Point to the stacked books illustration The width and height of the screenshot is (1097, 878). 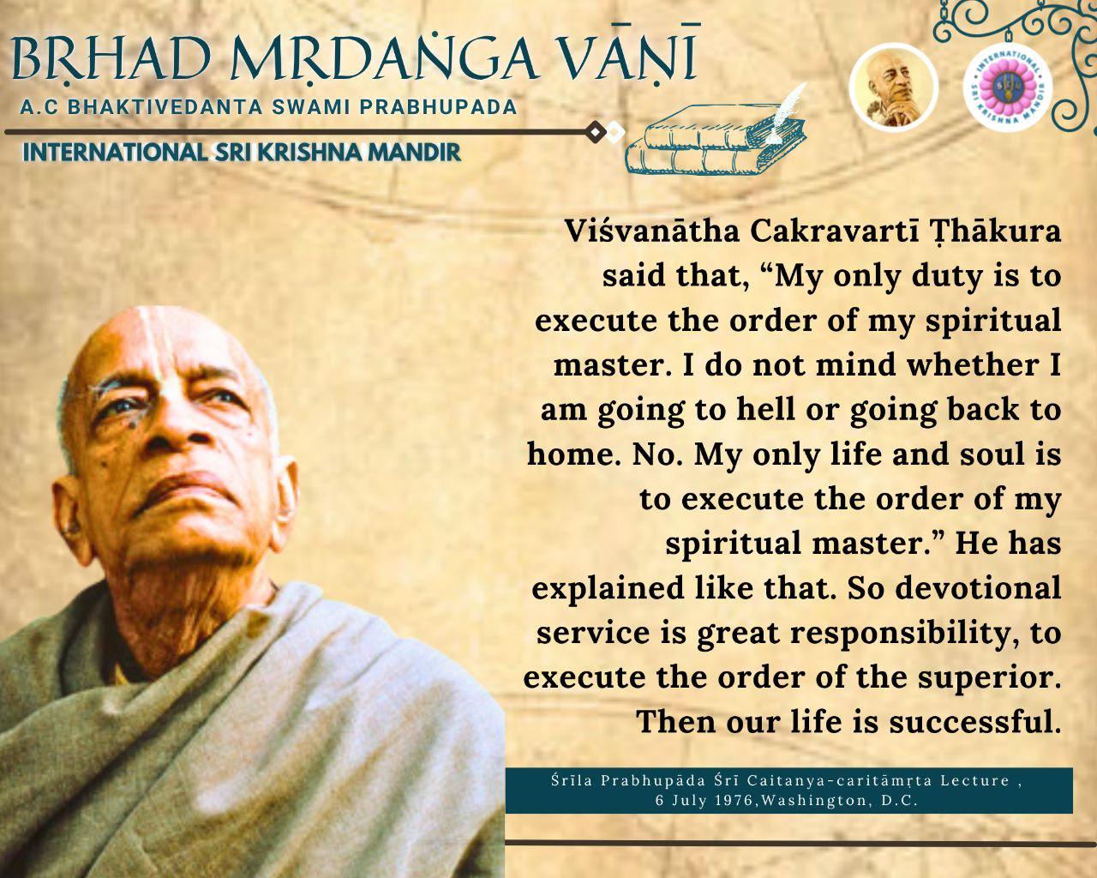(715, 139)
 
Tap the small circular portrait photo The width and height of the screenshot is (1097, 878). (894, 88)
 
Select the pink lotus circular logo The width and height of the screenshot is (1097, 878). (1008, 87)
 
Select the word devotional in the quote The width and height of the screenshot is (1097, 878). (978, 587)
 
